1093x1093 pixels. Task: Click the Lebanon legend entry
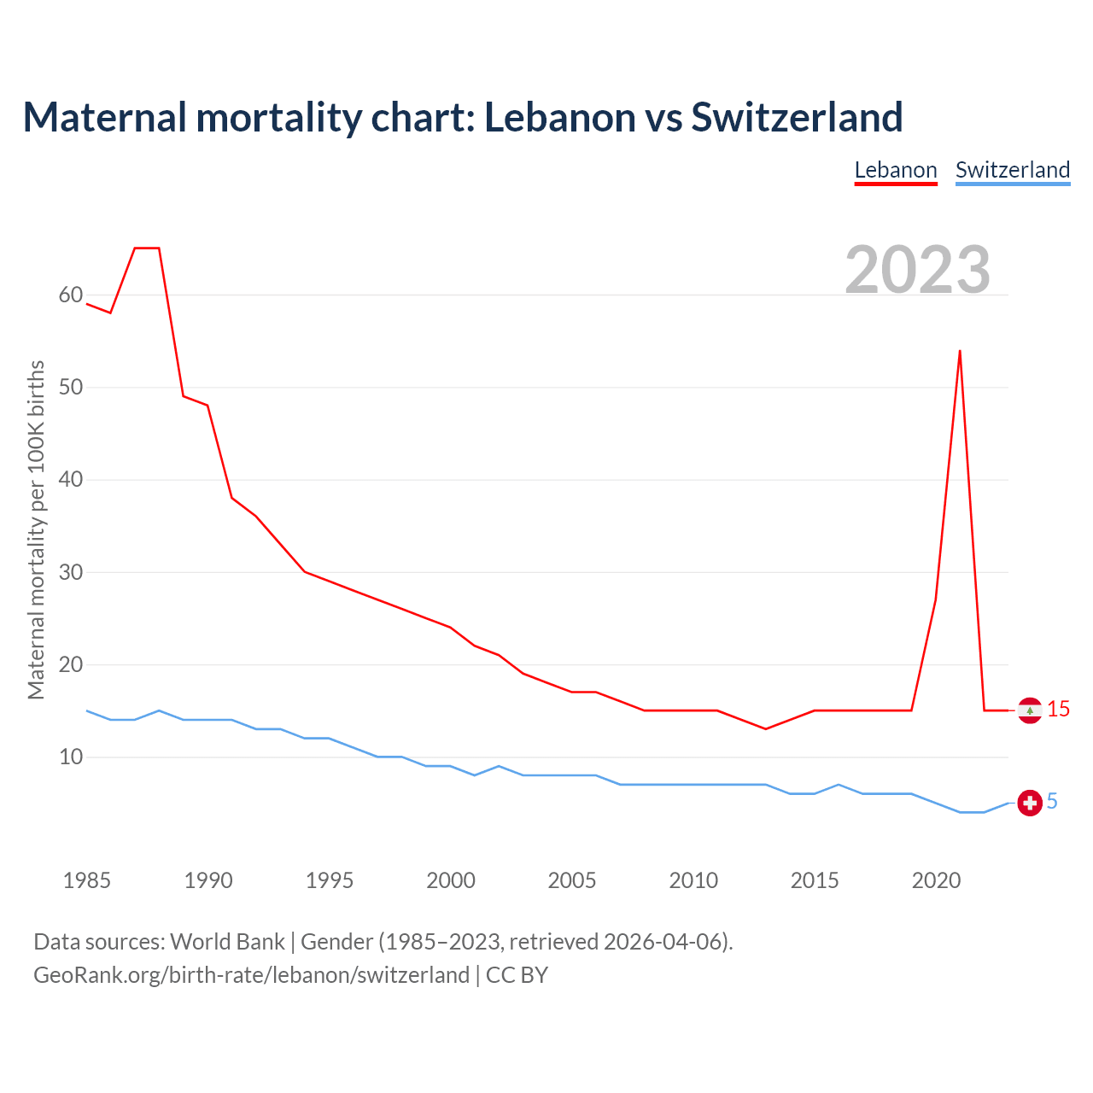coord(896,170)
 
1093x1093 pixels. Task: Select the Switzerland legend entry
coord(1012,170)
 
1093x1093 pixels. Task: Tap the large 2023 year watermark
coord(917,269)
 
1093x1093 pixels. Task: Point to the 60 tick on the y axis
coord(71,295)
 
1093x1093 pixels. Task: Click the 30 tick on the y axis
coord(71,572)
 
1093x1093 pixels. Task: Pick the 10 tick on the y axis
coord(71,757)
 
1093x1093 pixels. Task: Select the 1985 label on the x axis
coord(87,880)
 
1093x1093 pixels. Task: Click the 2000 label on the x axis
coord(451,880)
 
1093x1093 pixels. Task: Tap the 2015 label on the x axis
coord(815,880)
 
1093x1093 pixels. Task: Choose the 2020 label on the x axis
coord(936,880)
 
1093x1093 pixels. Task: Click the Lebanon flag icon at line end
coord(1030,710)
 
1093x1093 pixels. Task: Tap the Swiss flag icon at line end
coord(1030,803)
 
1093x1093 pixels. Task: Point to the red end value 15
coord(1059,710)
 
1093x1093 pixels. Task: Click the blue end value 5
coord(1052,802)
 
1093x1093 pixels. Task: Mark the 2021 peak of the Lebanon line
coord(960,351)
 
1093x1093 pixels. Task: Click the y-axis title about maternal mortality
coord(36,529)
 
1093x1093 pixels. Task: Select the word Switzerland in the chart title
coord(797,118)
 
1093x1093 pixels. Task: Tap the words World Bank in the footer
coord(227,942)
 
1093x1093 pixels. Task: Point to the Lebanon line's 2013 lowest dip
coord(766,728)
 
